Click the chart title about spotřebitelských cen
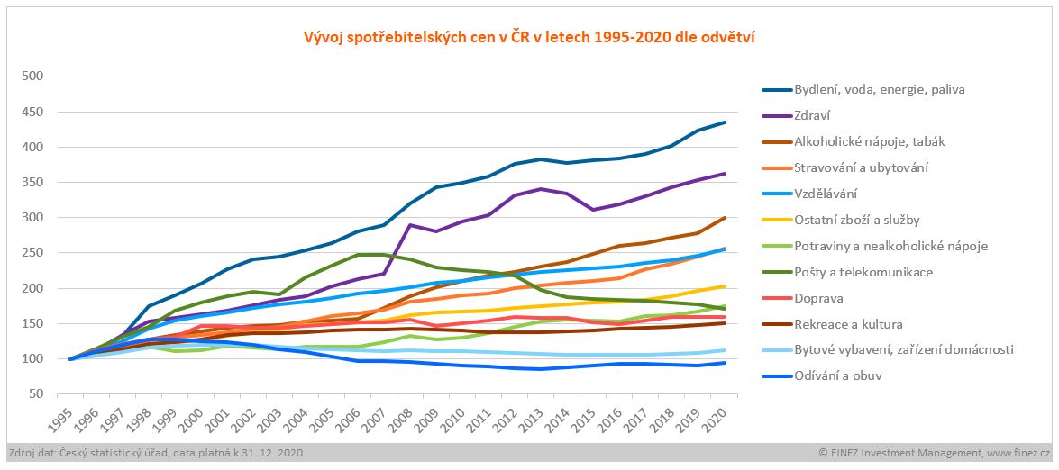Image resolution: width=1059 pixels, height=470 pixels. pos(529,37)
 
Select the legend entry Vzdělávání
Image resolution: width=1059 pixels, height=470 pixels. pos(826,194)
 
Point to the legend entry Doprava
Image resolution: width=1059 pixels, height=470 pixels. pos(818,298)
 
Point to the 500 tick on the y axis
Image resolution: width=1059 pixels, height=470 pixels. pos(32,77)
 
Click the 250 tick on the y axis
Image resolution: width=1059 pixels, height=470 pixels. pos(32,253)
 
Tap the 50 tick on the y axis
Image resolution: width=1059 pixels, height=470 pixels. pos(35,393)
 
